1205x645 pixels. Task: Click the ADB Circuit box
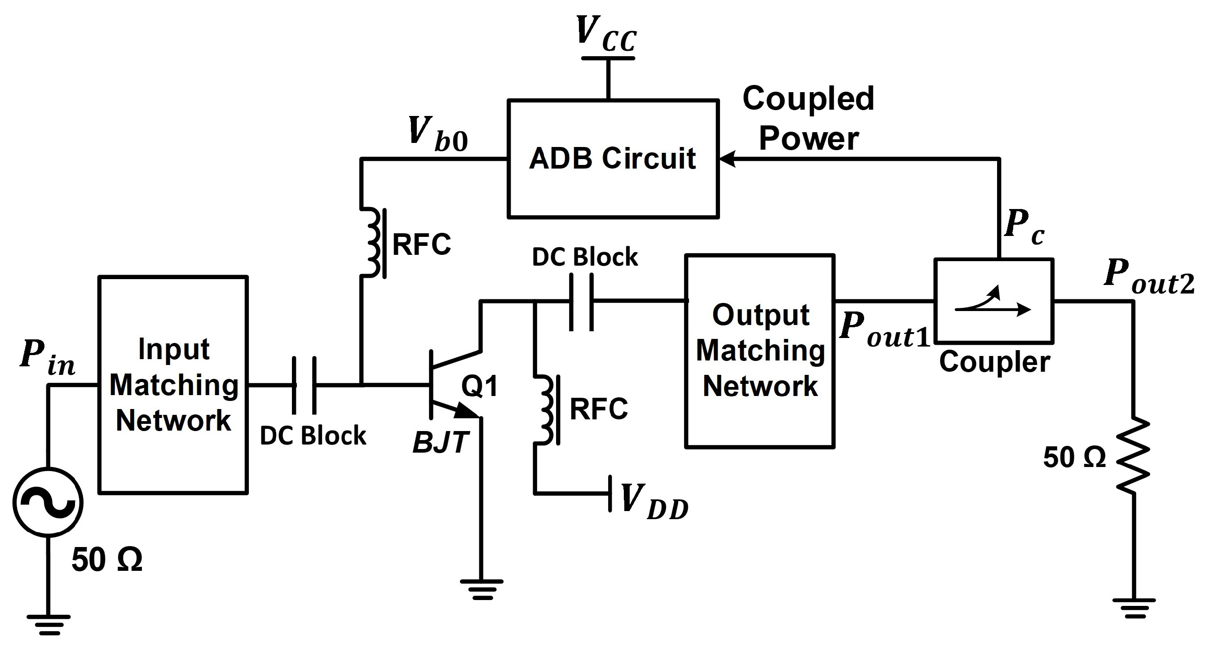coord(613,159)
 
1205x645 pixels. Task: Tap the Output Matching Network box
coord(759,351)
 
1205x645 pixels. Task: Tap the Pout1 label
coord(884,330)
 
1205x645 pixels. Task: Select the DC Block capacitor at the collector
coord(582,302)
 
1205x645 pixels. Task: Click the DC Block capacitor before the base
coord(304,385)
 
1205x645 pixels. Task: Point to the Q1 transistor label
coord(480,386)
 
